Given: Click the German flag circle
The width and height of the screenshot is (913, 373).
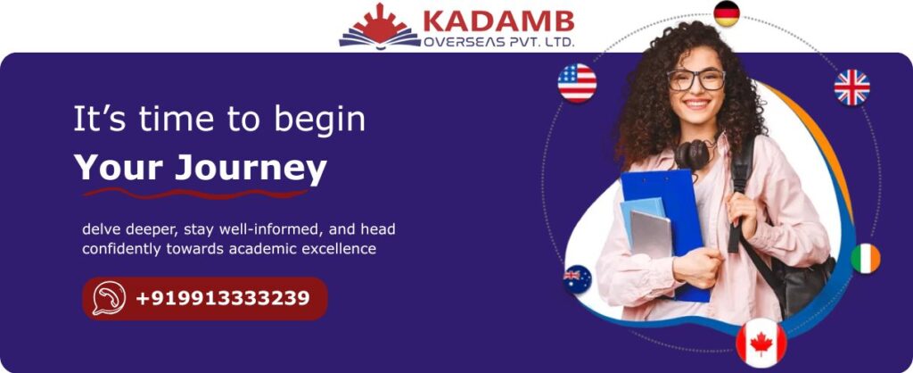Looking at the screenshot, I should pyautogui.click(x=727, y=13).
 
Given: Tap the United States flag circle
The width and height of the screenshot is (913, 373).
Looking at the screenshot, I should pyautogui.click(x=577, y=83).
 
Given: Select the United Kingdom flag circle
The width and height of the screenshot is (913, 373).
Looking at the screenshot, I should pyautogui.click(x=851, y=87).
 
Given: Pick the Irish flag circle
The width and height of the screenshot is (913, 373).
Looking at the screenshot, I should pyautogui.click(x=865, y=258).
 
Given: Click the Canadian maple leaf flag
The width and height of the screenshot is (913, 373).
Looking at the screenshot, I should pyautogui.click(x=761, y=344).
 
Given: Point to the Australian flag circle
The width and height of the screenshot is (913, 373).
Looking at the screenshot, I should pyautogui.click(x=577, y=279).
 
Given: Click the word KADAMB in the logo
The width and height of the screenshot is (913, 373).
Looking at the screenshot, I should pyautogui.click(x=498, y=21).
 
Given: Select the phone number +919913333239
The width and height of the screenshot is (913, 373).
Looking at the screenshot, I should pyautogui.click(x=223, y=298).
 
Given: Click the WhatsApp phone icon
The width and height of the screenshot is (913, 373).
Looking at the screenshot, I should pyautogui.click(x=109, y=298).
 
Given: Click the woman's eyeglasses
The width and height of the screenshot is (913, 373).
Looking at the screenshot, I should pyautogui.click(x=695, y=79).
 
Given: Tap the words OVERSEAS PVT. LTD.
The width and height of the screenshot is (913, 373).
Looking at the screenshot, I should pyautogui.click(x=499, y=41).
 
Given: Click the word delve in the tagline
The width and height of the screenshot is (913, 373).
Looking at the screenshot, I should pyautogui.click(x=101, y=229).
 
